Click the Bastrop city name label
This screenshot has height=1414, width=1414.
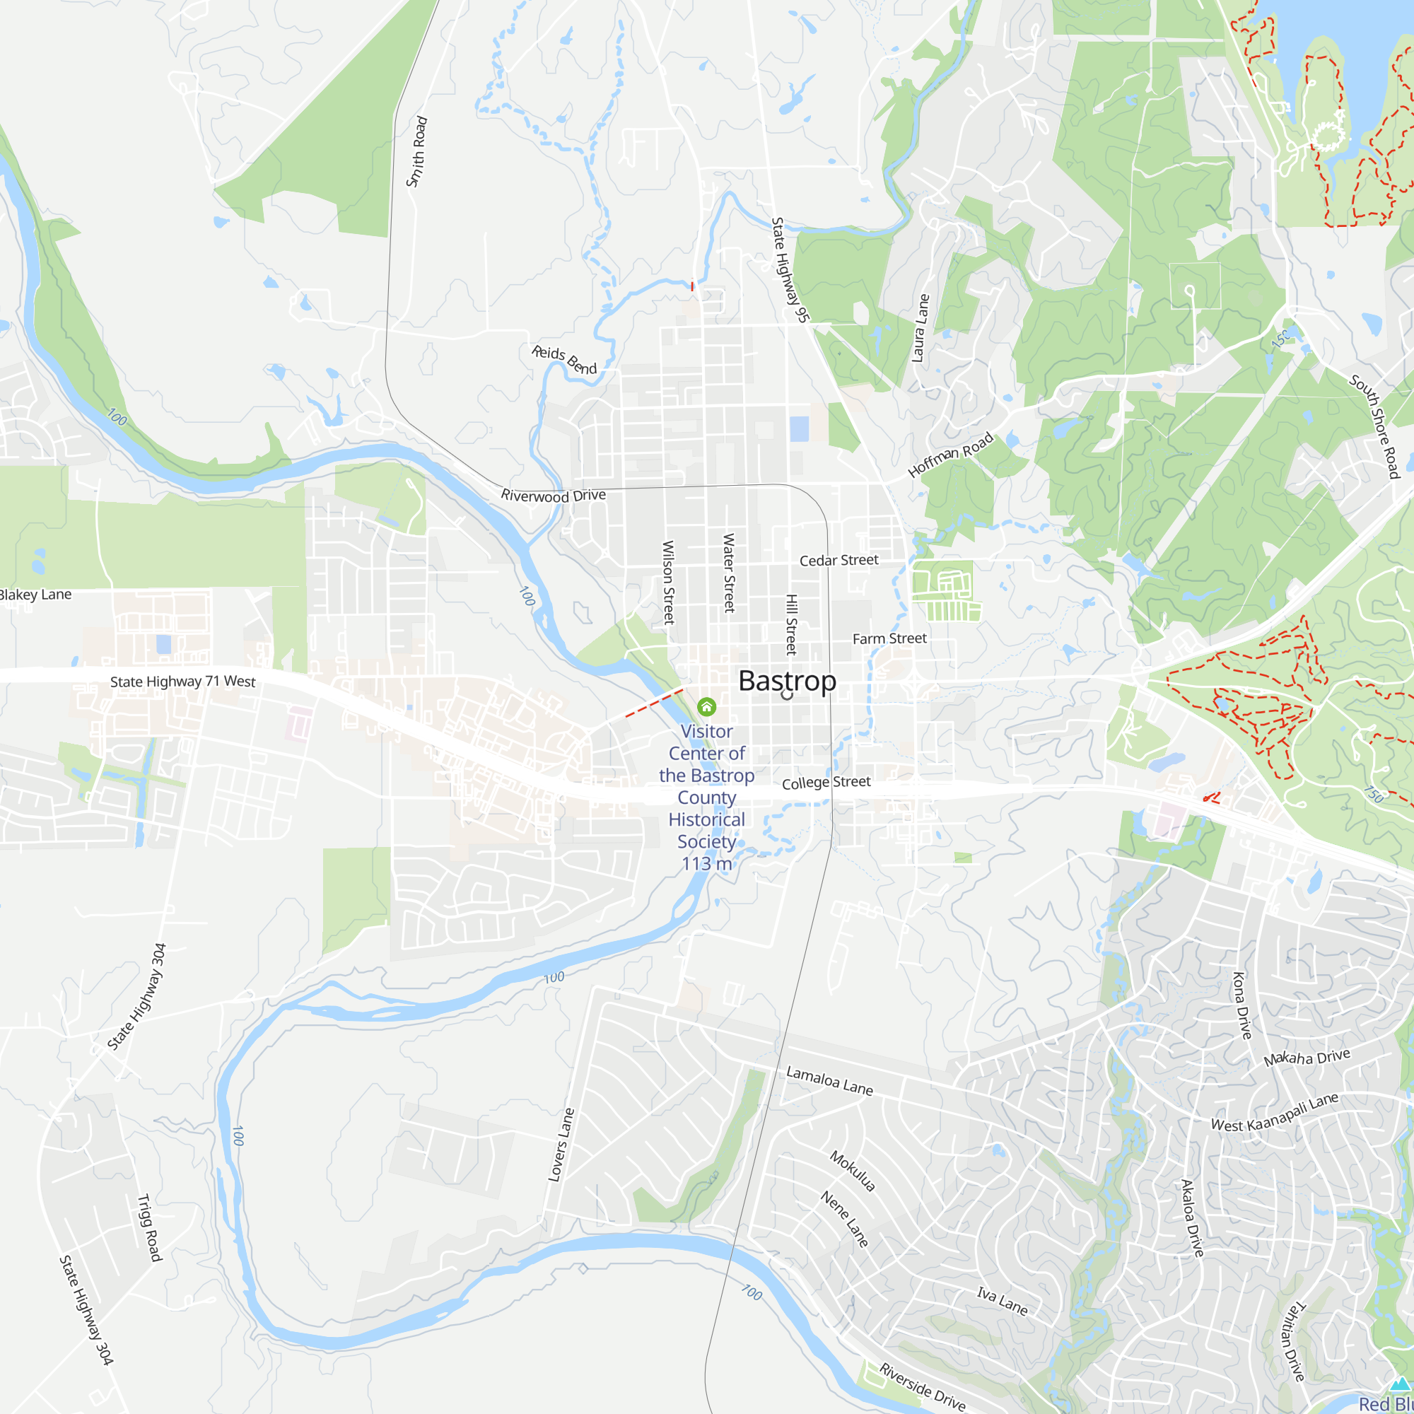787,681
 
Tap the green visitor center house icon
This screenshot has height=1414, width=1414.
706,706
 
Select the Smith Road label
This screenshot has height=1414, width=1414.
417,151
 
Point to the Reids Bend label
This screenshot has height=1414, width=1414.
564,359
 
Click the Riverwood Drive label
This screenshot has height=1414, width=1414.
554,496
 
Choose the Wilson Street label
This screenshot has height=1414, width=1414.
668,582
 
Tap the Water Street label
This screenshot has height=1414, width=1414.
729,573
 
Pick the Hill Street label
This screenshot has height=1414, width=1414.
791,624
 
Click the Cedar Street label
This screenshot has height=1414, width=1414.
839,561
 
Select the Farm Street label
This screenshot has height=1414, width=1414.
889,639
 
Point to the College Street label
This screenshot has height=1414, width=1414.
826,783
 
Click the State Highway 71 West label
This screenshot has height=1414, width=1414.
183,682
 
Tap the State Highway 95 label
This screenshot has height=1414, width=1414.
790,269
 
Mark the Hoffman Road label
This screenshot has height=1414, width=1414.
951,455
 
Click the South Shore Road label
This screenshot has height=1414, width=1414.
1374,426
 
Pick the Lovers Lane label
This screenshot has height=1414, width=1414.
561,1145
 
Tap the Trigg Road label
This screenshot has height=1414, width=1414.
149,1227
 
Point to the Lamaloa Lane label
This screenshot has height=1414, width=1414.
829,1080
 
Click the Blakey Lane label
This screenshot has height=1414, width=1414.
35,595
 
